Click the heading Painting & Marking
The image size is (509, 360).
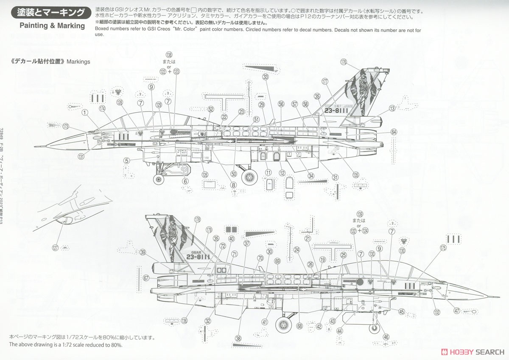coord(53,26)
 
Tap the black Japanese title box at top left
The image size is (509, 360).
coord(51,13)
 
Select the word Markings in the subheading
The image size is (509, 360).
coord(78,62)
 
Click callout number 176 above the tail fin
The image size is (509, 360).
coord(344,62)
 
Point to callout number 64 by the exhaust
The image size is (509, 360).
coord(394,132)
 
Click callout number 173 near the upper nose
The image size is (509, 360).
coord(66,126)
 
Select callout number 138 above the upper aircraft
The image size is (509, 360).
coord(169,55)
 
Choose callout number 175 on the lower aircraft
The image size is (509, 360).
coord(443,248)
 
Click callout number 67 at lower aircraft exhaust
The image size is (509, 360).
coord(146,278)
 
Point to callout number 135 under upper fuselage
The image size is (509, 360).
coord(355,175)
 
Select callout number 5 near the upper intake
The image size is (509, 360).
coord(126,161)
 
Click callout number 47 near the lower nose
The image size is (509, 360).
coord(457,311)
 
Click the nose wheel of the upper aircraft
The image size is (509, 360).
coord(159,179)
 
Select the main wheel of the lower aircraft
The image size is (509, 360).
coord(283,325)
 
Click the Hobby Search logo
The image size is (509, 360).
coord(473,352)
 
